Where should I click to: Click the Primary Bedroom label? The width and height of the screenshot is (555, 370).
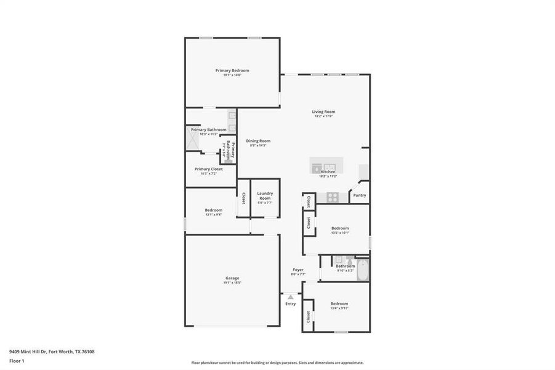point(232,70)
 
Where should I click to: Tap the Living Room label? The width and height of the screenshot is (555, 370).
point(324,112)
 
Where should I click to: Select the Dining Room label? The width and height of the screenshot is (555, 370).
point(258,141)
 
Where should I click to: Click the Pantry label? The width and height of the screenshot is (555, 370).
point(360,195)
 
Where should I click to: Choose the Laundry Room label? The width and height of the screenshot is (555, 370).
point(265,195)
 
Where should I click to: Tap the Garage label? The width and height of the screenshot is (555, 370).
point(232,278)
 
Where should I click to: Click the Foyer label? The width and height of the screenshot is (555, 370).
point(298,269)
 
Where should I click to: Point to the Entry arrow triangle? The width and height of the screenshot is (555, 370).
point(290,297)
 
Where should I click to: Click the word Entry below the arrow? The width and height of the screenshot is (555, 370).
point(290,303)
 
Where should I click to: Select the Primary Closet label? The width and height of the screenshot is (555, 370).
point(209,169)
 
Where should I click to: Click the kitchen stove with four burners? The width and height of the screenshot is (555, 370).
point(332,197)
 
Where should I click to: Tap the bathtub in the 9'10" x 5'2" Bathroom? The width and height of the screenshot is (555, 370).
point(363,269)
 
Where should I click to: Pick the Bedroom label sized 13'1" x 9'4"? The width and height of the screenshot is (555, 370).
point(214,210)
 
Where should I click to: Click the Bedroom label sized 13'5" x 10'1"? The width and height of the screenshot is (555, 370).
point(340,228)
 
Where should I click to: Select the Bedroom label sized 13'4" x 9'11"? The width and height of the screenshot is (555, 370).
point(339,303)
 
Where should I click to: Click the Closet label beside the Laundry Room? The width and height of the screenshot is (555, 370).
point(243,198)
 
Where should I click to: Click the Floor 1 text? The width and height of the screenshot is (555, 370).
point(17,361)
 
